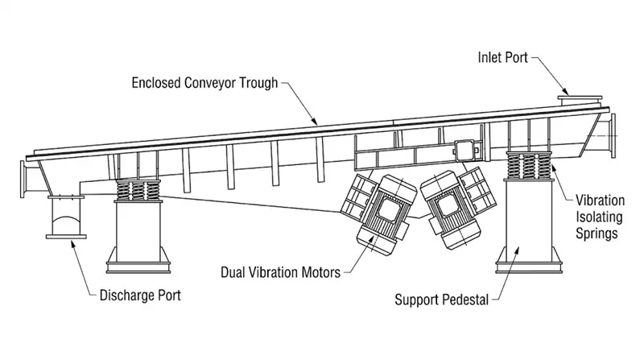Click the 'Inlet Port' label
pyautogui.click(x=502, y=57)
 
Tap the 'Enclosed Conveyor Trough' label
pyautogui.click(x=205, y=83)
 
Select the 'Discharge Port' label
pyautogui.click(x=140, y=295)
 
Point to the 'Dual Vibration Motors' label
pyautogui.click(x=280, y=272)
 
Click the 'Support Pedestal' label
pyautogui.click(x=441, y=300)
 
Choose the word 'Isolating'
pyautogui.click(x=599, y=217)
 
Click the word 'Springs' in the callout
pyautogui.click(x=597, y=234)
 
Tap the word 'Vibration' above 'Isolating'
pyautogui.click(x=600, y=201)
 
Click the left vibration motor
pyautogui.click(x=378, y=213)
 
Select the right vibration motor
pyautogui.click(x=457, y=208)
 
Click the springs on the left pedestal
pyautogui.click(x=138, y=190)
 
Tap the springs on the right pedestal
pyautogui.click(x=528, y=165)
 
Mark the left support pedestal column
pyautogui.click(x=138, y=237)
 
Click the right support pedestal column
pyautogui.click(x=528, y=226)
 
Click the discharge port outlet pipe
pyautogui.click(x=66, y=217)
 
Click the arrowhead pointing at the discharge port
pyautogui.click(x=73, y=245)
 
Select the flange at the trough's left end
pyautogui.click(x=23, y=179)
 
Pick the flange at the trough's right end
pyautogui.click(x=613, y=135)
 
